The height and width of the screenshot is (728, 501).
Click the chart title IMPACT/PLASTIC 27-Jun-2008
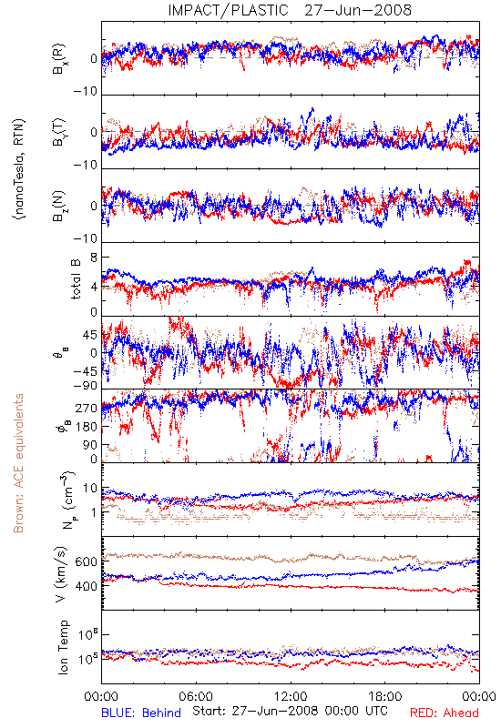[x=290, y=10]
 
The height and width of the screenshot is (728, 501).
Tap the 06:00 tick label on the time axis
[x=196, y=696]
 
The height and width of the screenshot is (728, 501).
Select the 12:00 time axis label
[x=291, y=696]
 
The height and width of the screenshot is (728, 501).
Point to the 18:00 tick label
[x=385, y=696]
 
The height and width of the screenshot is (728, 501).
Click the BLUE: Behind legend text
[x=141, y=713]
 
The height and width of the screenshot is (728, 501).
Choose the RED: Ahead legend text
[x=445, y=713]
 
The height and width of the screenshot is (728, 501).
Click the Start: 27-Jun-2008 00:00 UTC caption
[x=290, y=711]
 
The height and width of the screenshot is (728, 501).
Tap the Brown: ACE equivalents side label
[x=18, y=463]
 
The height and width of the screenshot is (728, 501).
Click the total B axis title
[x=76, y=279]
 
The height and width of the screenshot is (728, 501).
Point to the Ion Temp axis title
[x=63, y=647]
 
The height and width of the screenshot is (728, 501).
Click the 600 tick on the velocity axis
[x=86, y=561]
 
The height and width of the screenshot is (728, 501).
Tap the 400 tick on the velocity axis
[x=86, y=586]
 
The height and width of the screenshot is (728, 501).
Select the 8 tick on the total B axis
[x=94, y=258]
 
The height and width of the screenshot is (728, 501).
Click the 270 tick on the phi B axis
[x=86, y=408]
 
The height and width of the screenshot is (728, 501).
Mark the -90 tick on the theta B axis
[x=85, y=386]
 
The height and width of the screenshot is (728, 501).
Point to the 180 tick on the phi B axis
[x=86, y=427]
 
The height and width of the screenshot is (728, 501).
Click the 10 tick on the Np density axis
[x=90, y=489]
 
